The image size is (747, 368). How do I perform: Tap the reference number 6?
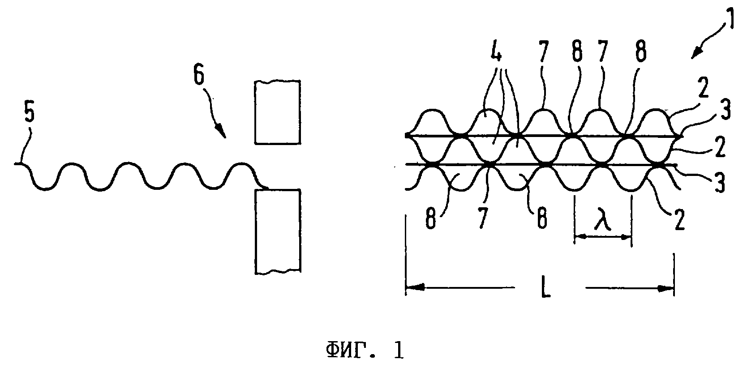(x=199, y=76)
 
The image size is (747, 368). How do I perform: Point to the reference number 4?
(x=496, y=51)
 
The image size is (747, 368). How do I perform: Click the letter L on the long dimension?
(x=545, y=288)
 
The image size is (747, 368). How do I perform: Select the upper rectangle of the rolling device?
(x=278, y=112)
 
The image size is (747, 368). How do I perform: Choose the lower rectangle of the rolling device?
(x=278, y=231)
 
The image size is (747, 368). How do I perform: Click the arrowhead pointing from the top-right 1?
(x=696, y=54)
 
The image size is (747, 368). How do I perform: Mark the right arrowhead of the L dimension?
(x=665, y=289)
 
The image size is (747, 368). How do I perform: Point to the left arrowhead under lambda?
(x=580, y=237)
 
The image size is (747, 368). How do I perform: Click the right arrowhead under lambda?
(x=626, y=237)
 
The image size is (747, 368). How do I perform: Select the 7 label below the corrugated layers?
(x=483, y=218)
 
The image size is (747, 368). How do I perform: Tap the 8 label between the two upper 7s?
(x=577, y=52)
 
